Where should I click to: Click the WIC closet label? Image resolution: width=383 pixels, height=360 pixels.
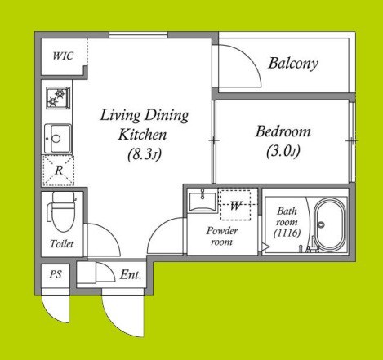(63, 56)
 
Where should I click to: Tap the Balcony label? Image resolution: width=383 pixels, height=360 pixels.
(293, 64)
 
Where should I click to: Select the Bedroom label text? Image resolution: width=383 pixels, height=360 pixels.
(283, 131)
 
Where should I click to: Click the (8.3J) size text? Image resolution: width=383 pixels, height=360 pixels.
(145, 154)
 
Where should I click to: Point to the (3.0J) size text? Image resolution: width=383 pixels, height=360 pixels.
(283, 151)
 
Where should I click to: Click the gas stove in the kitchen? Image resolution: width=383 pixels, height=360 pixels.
(58, 98)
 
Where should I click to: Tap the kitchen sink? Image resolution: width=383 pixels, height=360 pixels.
(58, 139)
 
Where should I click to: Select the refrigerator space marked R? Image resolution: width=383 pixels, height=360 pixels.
(58, 171)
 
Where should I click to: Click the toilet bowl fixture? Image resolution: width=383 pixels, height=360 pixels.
(61, 211)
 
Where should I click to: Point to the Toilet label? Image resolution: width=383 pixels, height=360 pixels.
(61, 243)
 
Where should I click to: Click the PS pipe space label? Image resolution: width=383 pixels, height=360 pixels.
(56, 274)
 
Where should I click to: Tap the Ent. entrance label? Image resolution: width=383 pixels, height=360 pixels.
(131, 274)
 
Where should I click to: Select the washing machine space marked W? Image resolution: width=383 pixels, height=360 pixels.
(235, 205)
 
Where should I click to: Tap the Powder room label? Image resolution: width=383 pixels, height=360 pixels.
(222, 236)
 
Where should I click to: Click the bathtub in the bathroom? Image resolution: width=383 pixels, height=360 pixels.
(330, 224)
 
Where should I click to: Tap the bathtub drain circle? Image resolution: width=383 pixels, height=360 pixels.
(321, 224)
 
